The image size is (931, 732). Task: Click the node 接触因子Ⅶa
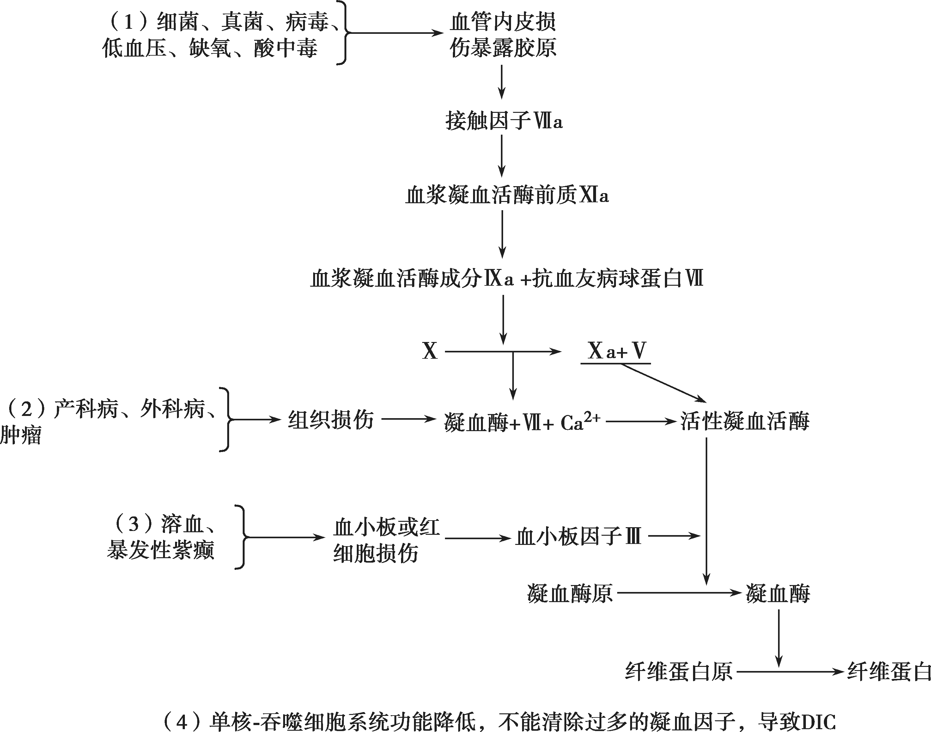click(503, 121)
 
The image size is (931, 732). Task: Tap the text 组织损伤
click(331, 419)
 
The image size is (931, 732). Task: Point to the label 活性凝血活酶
click(745, 421)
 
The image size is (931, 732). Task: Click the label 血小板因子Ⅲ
click(578, 537)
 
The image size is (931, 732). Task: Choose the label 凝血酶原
click(570, 594)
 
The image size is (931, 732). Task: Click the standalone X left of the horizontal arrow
click(430, 351)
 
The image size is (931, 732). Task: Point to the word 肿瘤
click(21, 436)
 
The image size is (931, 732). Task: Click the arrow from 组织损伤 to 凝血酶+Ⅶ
click(408, 419)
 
